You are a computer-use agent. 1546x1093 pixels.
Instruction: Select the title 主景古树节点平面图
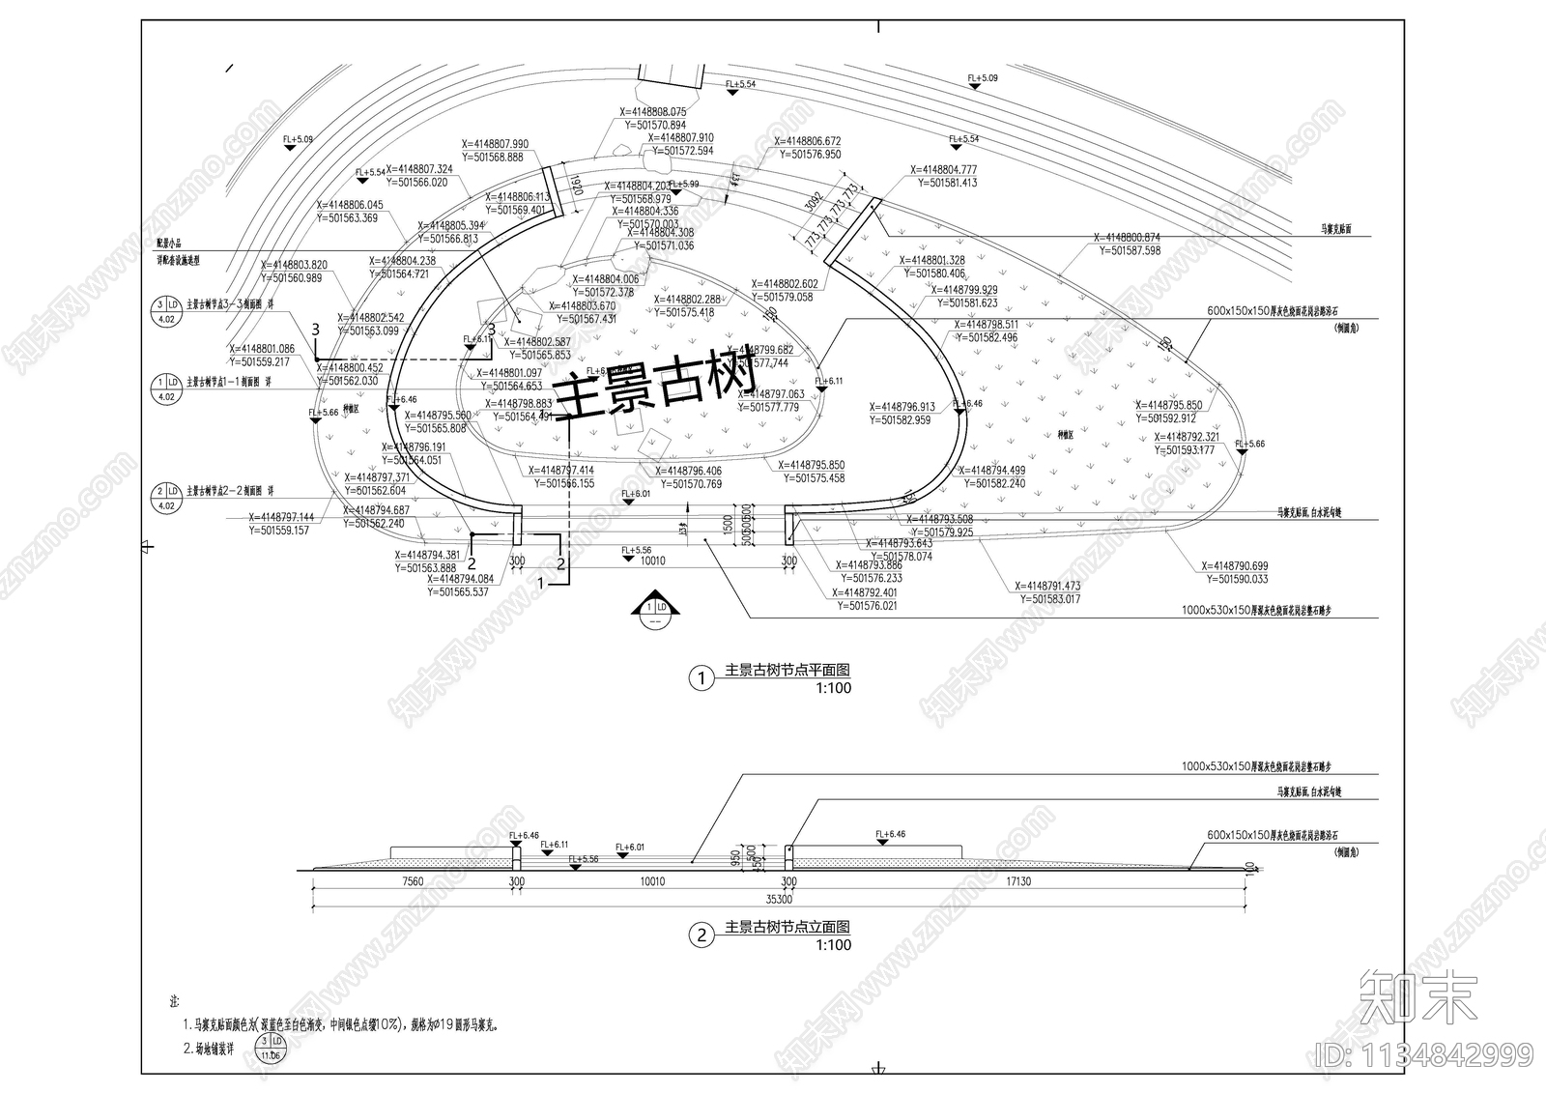point(787,671)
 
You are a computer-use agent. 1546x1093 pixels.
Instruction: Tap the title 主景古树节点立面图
point(787,928)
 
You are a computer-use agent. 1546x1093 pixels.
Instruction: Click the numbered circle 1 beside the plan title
point(701,678)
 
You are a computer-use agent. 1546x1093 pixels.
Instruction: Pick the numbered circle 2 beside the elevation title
point(701,935)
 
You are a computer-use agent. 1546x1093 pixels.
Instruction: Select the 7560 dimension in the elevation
point(413,881)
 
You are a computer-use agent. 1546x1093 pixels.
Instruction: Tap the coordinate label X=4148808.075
point(653,112)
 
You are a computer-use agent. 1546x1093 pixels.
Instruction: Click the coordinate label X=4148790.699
point(1235,566)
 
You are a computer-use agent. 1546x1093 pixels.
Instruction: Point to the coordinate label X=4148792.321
point(1188,437)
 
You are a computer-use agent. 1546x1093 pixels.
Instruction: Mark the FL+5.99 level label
point(683,184)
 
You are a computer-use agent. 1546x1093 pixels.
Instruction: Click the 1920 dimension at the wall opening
point(576,186)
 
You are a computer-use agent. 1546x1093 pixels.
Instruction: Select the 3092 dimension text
point(814,203)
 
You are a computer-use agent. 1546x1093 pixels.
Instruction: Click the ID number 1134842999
point(1421,1053)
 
